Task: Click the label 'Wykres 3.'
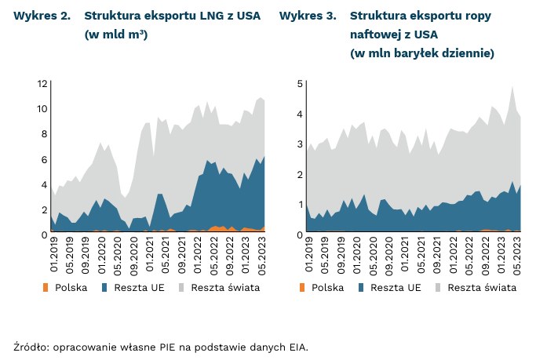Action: tap(308, 16)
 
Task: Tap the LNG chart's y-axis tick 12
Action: tap(43, 83)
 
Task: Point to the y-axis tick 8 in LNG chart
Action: tap(45, 134)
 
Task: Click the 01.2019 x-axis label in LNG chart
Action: tap(54, 256)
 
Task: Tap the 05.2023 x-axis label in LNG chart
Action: tap(261, 256)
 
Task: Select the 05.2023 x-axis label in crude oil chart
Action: tap(517, 256)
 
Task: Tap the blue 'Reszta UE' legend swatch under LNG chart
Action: tap(106, 288)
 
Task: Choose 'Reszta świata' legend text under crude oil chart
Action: tap(482, 288)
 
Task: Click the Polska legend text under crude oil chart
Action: tap(327, 288)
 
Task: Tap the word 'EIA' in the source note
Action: tap(297, 346)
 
